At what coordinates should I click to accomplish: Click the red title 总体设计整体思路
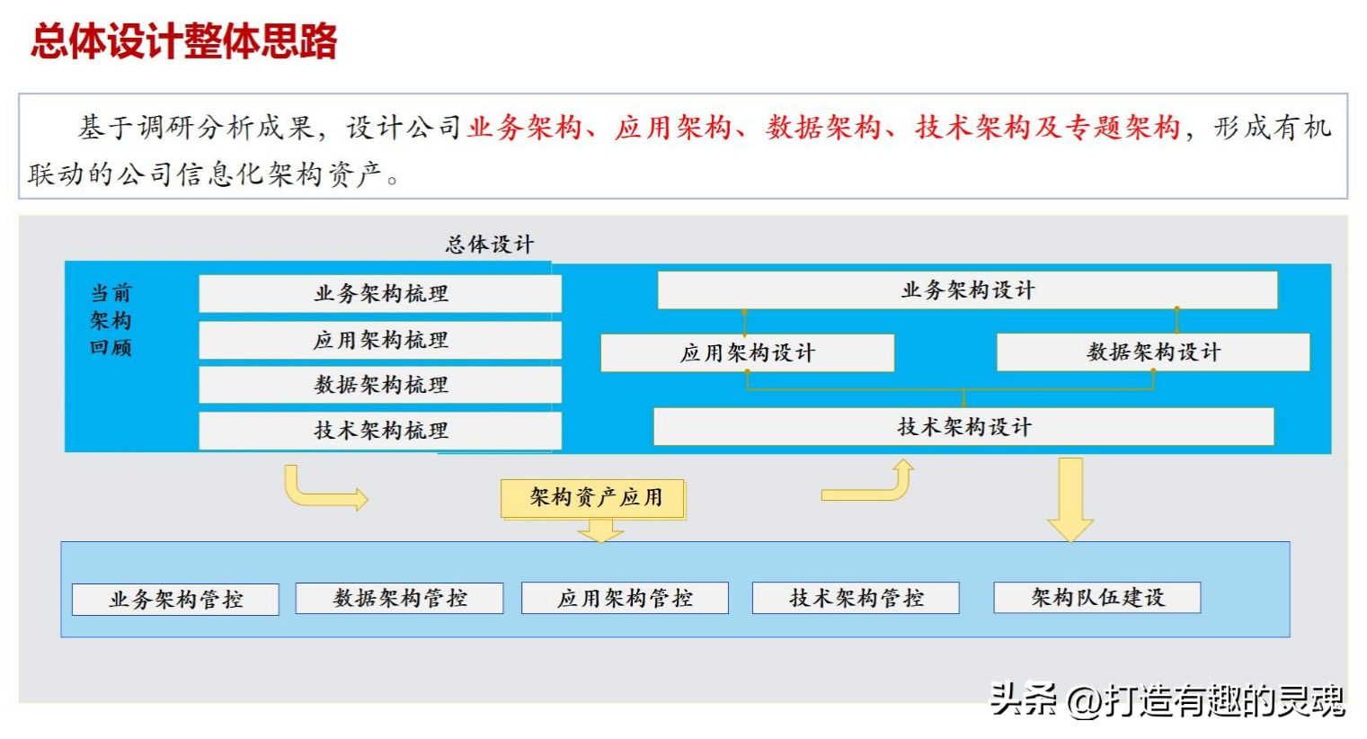[183, 41]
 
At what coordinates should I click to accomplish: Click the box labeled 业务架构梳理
[380, 293]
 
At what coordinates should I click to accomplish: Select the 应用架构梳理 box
[380, 340]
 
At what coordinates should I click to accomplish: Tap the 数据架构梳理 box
[380, 385]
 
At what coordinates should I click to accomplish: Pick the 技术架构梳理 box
[380, 431]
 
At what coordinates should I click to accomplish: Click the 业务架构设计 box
[967, 289]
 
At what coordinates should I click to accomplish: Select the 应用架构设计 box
[748, 352]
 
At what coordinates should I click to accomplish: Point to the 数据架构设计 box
[1153, 352]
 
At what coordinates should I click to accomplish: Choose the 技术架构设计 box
[963, 426]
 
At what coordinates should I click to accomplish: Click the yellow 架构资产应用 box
[592, 499]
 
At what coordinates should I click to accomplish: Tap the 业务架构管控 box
[176, 600]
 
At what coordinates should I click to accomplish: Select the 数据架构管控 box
[400, 598]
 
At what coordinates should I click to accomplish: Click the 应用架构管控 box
[625, 598]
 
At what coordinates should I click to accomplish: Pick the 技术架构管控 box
[856, 598]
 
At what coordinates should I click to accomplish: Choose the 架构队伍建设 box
[1097, 598]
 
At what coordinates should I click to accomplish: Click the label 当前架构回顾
[111, 320]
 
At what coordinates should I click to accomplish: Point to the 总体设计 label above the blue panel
[490, 245]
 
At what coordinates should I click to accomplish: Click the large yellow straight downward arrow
[1070, 500]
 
